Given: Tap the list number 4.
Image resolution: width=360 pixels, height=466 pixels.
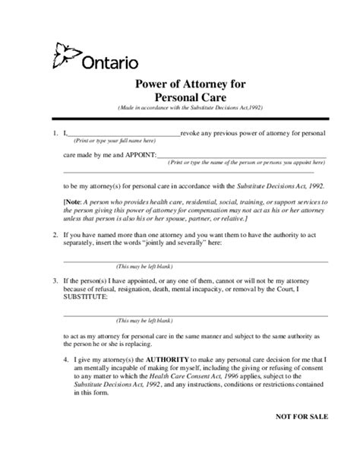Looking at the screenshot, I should point(66,358).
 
